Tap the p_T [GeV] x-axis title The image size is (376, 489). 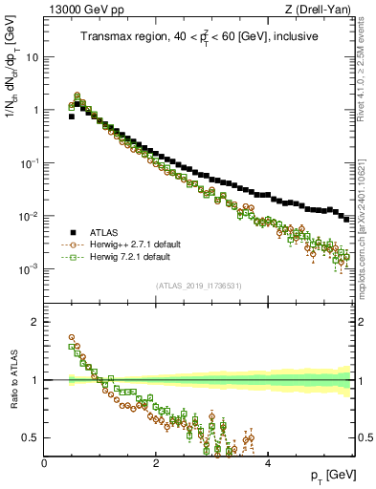point(330,475)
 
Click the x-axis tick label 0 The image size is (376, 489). point(44,463)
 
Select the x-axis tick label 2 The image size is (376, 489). point(156,463)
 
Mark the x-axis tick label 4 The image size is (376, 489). point(268,463)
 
